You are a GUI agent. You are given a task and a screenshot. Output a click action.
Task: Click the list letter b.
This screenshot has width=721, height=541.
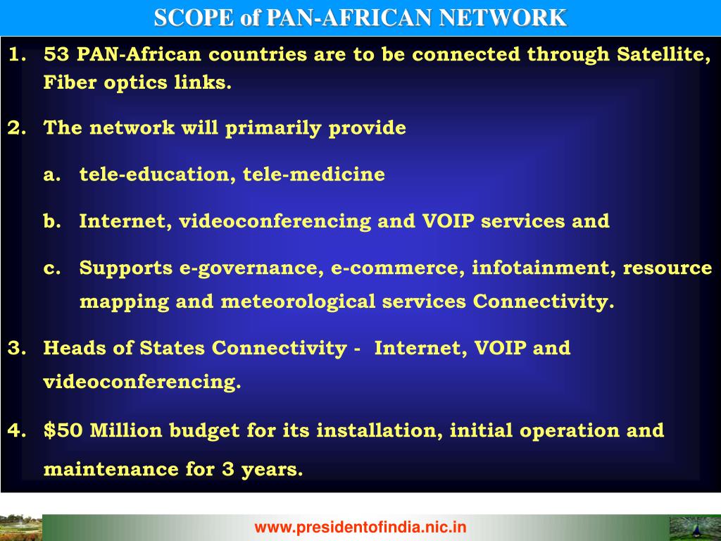point(51,221)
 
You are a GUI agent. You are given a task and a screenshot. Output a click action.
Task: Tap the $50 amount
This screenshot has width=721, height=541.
point(63,430)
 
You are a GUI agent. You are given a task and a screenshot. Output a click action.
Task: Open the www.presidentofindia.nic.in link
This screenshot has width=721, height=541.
point(360,526)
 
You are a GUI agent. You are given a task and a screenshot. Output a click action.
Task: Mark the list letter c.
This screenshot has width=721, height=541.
point(51,268)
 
